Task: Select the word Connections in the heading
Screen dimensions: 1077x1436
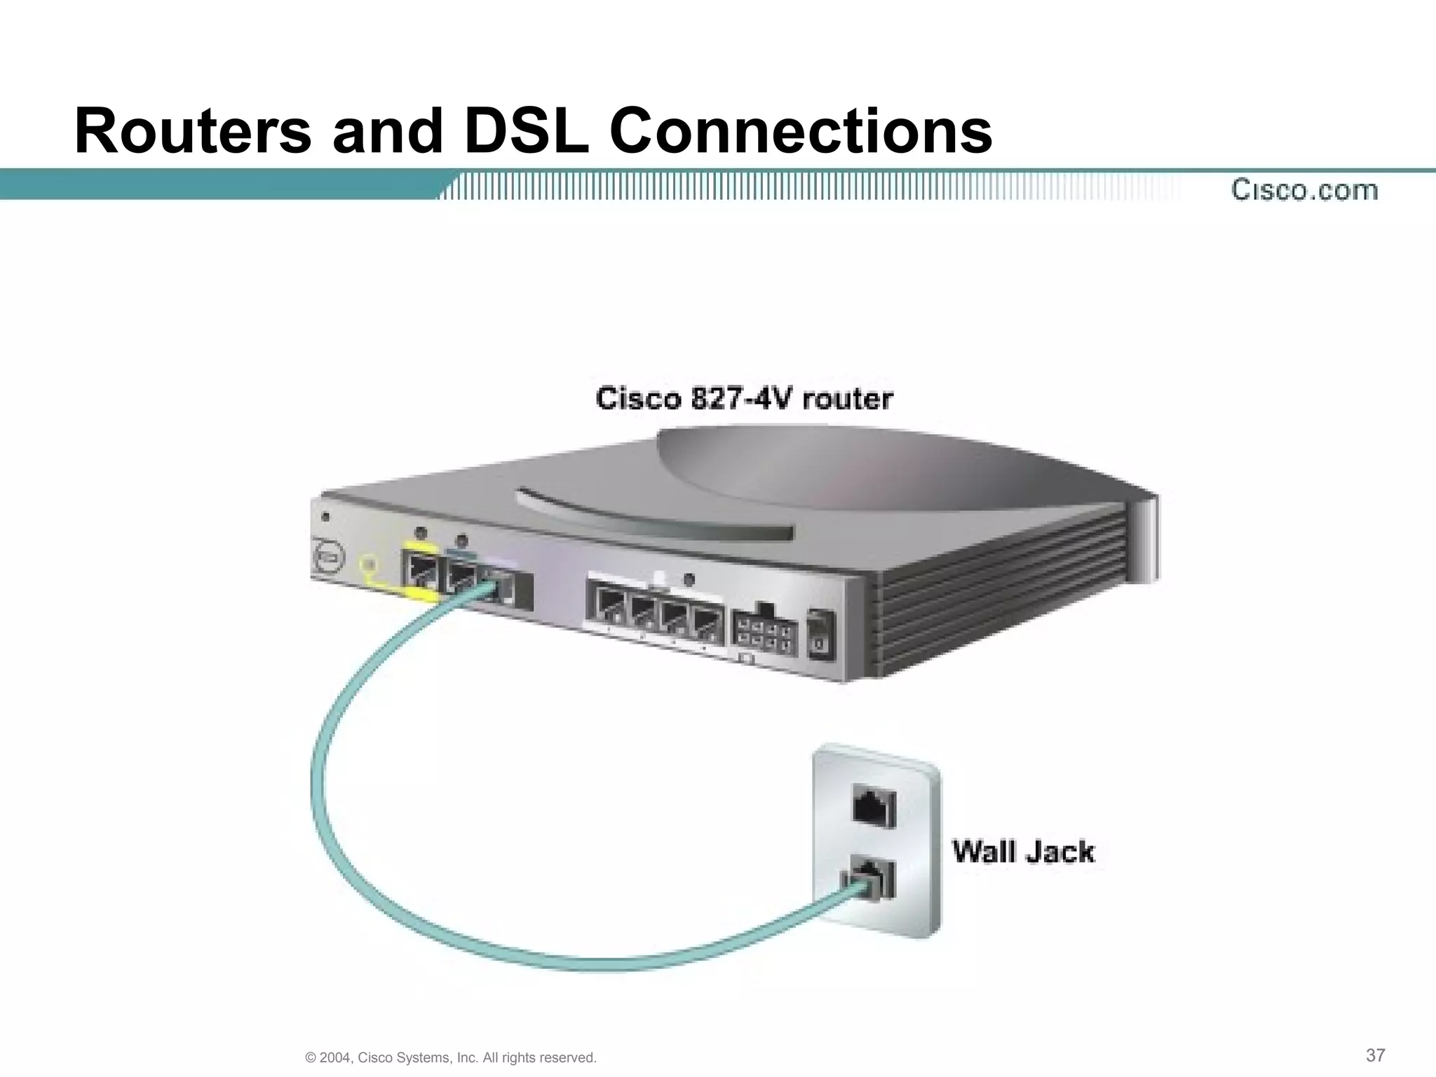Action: tap(801, 131)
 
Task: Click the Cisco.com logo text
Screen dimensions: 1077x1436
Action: tap(1304, 190)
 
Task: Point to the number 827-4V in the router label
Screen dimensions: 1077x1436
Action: tap(743, 399)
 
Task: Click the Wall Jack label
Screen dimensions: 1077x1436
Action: tap(1022, 852)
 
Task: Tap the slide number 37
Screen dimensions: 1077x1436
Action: tap(1375, 1055)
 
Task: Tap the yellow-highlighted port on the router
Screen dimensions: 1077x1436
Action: tap(419, 571)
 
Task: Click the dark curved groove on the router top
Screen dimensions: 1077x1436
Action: tap(652, 519)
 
